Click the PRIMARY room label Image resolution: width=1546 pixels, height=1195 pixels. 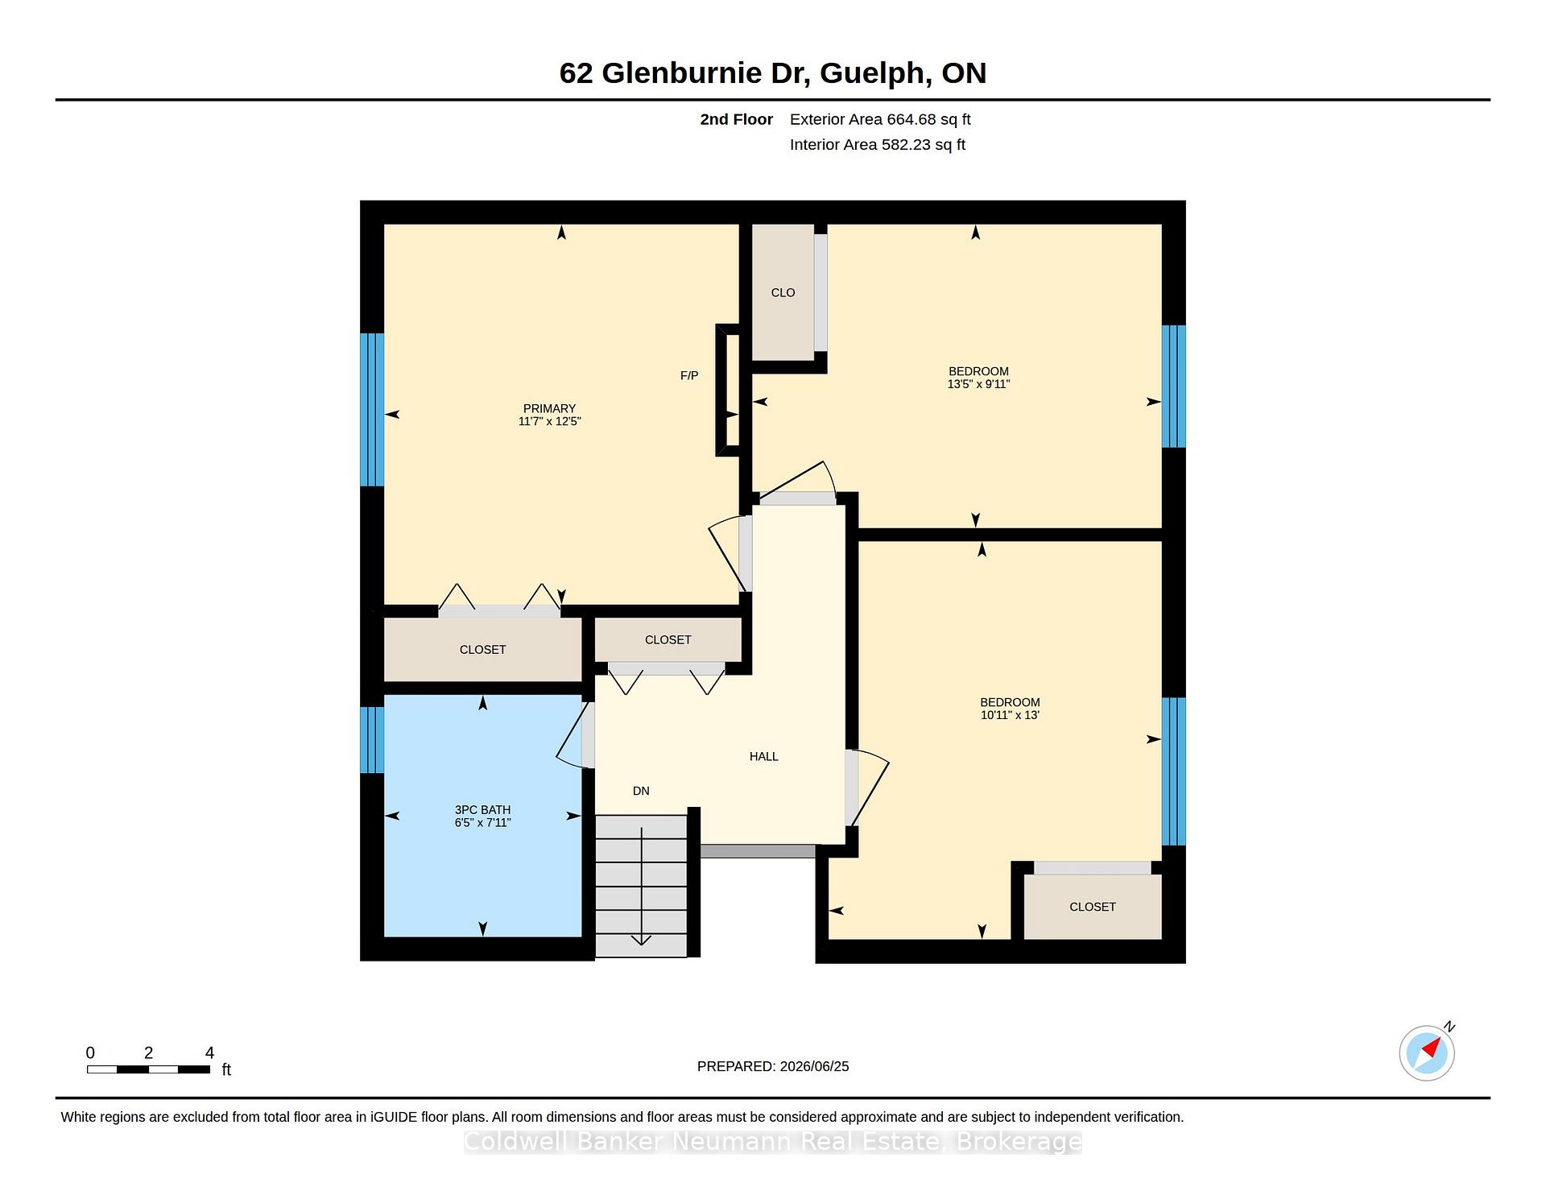tap(549, 408)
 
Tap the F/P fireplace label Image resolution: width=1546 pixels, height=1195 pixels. tap(689, 375)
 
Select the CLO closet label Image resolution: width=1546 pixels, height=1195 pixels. tap(783, 292)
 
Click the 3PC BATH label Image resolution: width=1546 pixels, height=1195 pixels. tap(482, 810)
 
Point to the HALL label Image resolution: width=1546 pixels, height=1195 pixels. tap(764, 756)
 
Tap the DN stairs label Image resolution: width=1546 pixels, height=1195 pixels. tap(641, 791)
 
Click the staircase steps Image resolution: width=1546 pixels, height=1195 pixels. tap(641, 886)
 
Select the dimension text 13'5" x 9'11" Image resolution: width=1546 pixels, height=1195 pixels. tap(978, 384)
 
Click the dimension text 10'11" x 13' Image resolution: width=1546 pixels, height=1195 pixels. tap(1010, 715)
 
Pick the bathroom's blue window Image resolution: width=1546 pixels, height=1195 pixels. tap(372, 739)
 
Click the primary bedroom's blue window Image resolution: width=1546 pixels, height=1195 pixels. tap(372, 410)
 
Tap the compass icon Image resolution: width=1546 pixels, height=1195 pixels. tap(1428, 1052)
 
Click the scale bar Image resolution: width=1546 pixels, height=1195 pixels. tap(149, 1069)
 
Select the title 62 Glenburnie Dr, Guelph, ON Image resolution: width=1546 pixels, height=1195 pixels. tap(773, 73)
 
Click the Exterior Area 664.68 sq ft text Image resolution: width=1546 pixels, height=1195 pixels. tap(880, 119)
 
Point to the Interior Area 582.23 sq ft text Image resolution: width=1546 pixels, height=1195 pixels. tap(878, 145)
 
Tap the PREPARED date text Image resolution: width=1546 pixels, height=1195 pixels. tap(773, 1066)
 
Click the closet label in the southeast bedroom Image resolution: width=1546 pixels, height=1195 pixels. tap(1093, 907)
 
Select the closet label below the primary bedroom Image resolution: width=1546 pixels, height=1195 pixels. tap(482, 649)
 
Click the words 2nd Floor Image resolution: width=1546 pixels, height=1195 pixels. tap(736, 119)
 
